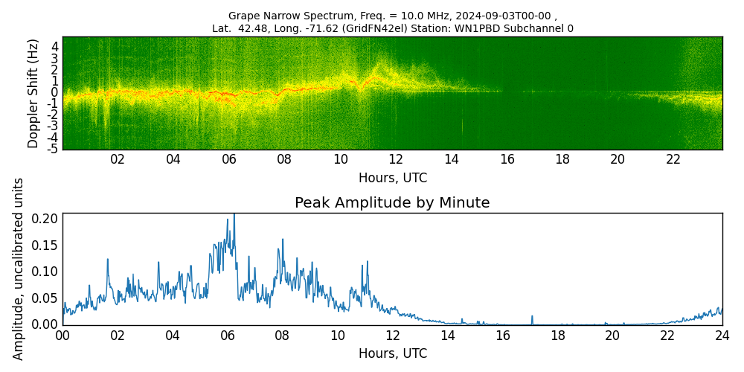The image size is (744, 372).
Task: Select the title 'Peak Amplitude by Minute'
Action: [392, 203]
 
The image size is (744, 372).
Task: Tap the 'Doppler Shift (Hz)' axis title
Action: [33, 93]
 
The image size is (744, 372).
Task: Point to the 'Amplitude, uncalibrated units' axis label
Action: [19, 269]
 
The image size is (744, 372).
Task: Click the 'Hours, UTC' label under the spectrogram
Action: [392, 179]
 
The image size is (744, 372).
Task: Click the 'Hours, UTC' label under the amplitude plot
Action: [392, 353]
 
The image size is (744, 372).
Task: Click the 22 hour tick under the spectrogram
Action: [673, 160]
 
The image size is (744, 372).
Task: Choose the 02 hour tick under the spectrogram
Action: [118, 160]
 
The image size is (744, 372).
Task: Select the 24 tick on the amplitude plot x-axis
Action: [722, 336]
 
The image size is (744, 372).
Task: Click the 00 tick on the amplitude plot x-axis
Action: [62, 336]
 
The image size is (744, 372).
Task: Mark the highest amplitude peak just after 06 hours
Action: [234, 216]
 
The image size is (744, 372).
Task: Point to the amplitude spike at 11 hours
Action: [367, 263]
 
